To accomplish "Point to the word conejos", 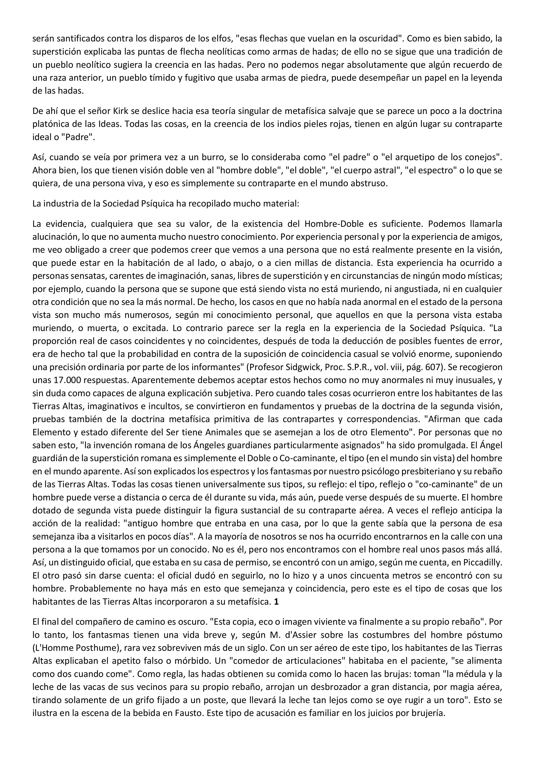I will [482, 158].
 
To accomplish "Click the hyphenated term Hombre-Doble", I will [334, 224].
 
